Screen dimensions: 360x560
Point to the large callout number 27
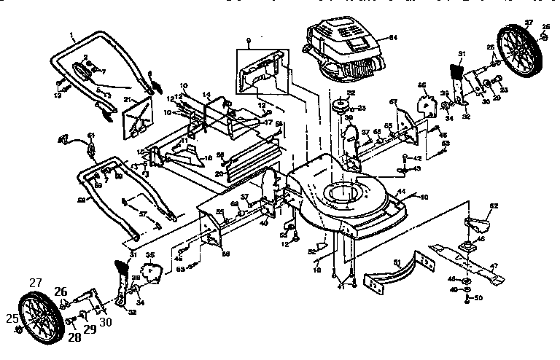[35, 282]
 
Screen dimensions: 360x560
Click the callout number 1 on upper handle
[73, 36]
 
